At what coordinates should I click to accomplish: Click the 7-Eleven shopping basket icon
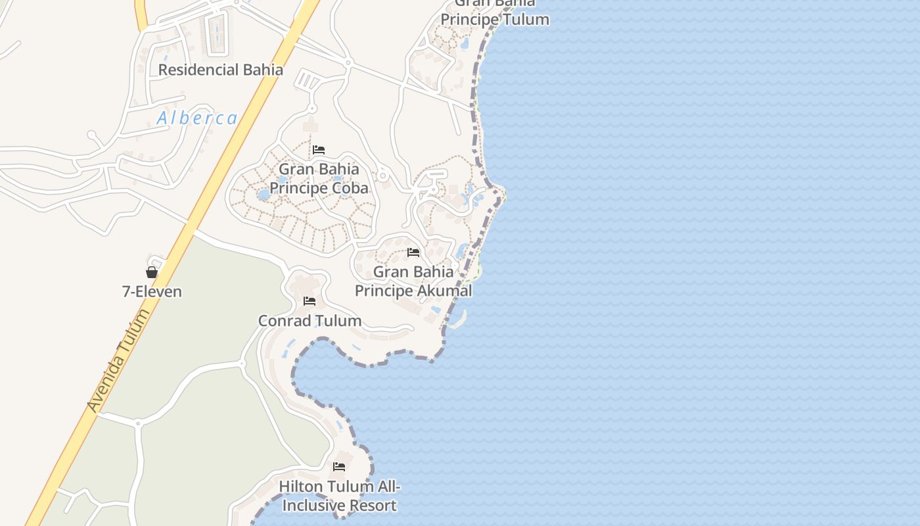coord(152,272)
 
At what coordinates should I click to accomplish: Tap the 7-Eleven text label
coord(152,291)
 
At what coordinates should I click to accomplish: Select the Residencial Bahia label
coord(221,70)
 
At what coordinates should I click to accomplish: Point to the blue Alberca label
coord(197,118)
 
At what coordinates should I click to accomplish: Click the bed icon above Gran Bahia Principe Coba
coord(319,150)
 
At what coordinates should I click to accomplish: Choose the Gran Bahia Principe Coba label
coord(319,178)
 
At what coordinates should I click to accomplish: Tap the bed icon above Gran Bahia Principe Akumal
coord(413,252)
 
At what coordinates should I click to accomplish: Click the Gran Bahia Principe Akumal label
coord(413,281)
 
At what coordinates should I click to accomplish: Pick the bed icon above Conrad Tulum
coord(310,301)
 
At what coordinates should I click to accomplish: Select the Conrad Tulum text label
coord(310,321)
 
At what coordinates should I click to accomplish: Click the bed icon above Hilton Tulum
coord(339,467)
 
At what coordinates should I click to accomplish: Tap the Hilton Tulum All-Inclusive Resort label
coord(339,496)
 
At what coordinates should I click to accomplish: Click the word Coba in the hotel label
coord(348,188)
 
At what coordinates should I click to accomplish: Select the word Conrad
coord(284,321)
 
